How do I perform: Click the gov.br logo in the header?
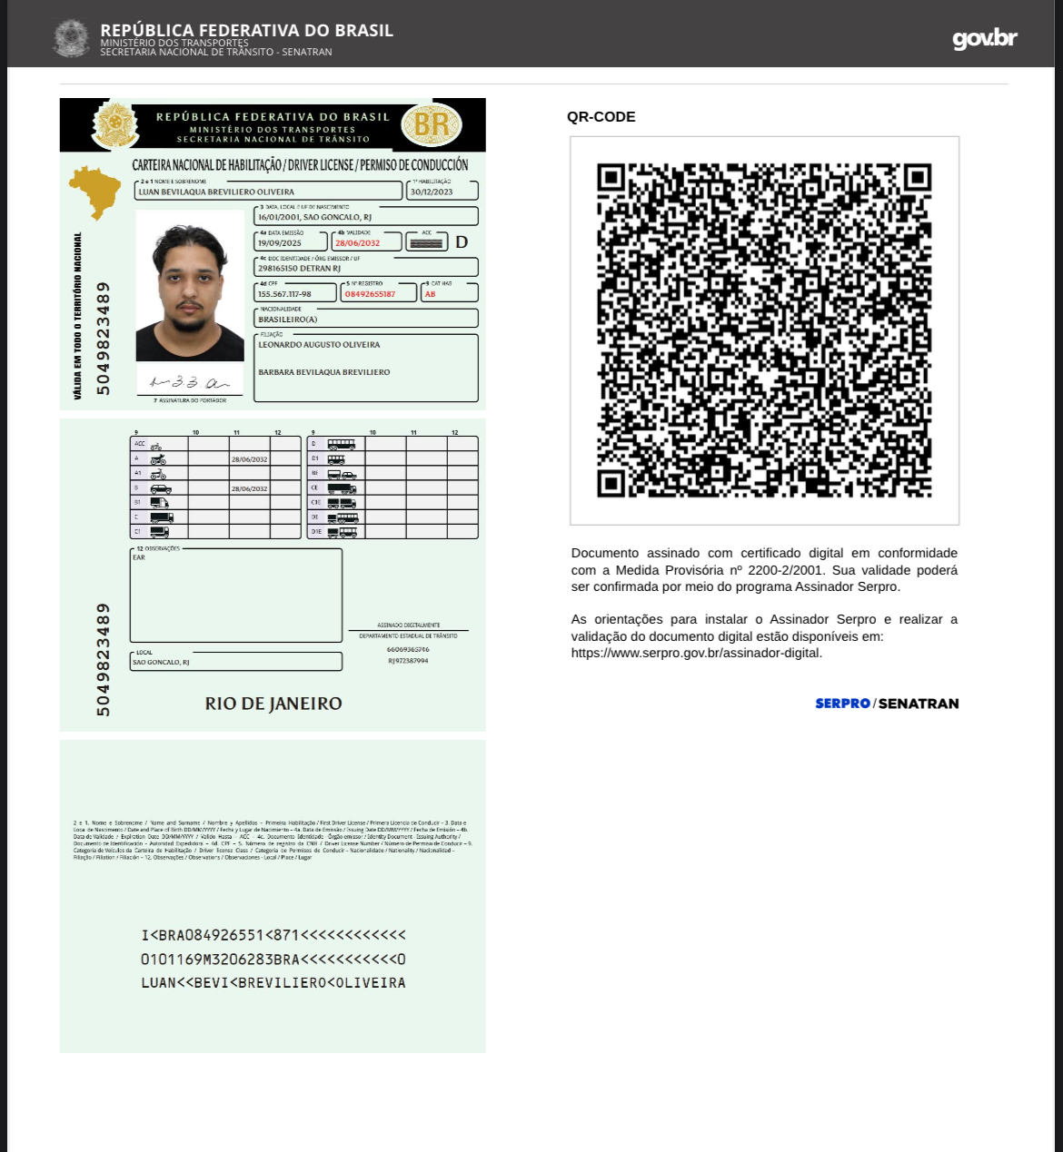coord(984,38)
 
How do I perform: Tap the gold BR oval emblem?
coord(432,124)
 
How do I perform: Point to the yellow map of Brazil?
coord(94,191)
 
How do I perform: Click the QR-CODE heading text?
coord(601,117)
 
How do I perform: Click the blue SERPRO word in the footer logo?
coord(842,704)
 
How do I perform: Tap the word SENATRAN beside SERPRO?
coord(919,704)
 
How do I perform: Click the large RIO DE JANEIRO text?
coord(273,704)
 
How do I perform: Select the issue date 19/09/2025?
coord(279,243)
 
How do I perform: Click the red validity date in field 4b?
coord(357,243)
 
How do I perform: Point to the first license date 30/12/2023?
coord(431,192)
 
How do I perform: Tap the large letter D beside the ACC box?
coord(462,242)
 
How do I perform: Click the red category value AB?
coord(430,294)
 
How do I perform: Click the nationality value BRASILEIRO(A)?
coord(287,320)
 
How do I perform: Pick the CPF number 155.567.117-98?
coord(284,294)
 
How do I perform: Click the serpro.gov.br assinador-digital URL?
coord(696,653)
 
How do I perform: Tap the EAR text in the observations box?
coord(139,557)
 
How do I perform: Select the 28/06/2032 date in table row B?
coord(249,488)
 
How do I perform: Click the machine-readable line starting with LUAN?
coord(273,983)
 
